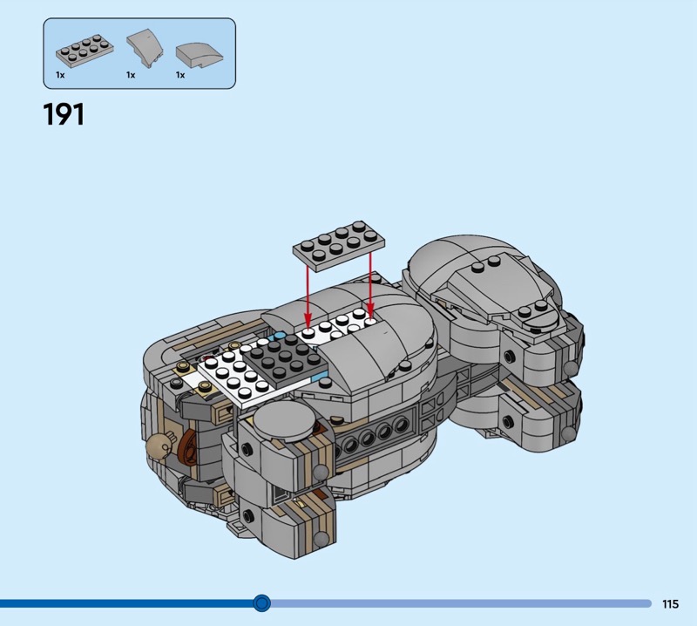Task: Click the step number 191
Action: (64, 115)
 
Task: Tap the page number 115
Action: (670, 603)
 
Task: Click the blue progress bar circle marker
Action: (262, 603)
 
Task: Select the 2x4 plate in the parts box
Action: (85, 52)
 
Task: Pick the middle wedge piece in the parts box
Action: (145, 49)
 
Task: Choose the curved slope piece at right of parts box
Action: (200, 55)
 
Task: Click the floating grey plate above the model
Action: (339, 246)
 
